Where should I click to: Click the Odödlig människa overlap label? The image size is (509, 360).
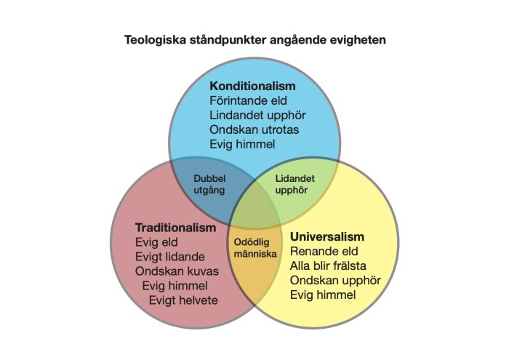[x=254, y=248]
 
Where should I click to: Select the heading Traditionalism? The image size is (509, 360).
[x=175, y=228]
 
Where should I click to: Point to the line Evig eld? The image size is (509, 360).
[x=156, y=242]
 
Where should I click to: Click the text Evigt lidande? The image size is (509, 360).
[x=170, y=257]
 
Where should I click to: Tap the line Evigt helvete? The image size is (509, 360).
[x=183, y=300]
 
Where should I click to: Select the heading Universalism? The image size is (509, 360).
[x=327, y=237]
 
